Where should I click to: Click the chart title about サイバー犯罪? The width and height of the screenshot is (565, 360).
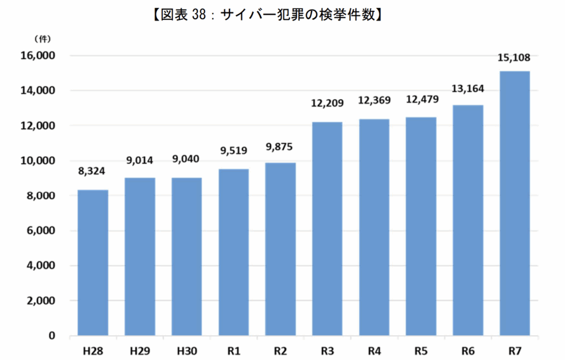268,15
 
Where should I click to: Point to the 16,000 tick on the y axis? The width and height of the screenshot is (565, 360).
38,56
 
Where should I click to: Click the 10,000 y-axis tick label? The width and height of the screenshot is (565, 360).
38,160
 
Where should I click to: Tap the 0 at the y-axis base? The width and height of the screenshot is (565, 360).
51,336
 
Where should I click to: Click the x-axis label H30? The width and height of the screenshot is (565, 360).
186,350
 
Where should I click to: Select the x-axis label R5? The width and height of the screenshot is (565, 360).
420,350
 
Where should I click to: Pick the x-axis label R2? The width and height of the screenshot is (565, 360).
280,350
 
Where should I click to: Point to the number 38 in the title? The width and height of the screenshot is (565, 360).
199,15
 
